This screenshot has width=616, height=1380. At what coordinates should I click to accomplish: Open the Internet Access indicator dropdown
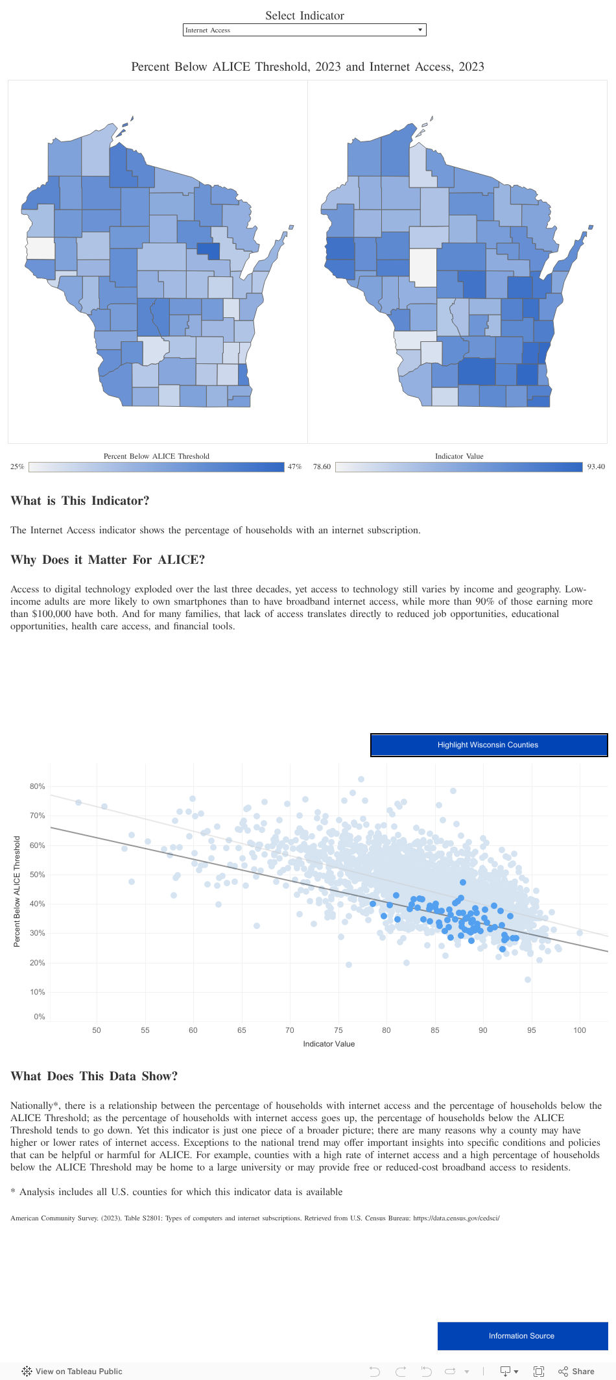coord(304,30)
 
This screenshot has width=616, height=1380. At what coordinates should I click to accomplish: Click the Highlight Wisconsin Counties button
coord(488,745)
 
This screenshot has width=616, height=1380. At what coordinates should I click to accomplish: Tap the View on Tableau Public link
coord(72,1371)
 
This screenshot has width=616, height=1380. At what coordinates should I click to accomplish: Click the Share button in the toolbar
coord(576,1371)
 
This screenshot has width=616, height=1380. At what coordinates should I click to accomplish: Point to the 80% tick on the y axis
coord(38,786)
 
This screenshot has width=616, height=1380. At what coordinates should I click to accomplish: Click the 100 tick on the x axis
coord(580,1030)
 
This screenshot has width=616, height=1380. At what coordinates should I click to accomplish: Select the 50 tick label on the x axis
coord(97,1030)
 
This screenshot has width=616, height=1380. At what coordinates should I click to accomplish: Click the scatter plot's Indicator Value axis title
coord(329,1044)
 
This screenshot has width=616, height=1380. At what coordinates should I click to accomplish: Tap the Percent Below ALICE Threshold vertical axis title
coord(17,891)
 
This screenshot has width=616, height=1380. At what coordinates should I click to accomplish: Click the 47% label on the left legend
coord(294,466)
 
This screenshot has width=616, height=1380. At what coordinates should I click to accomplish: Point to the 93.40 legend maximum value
coord(596,466)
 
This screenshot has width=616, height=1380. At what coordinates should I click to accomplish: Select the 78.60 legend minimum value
coord(322,466)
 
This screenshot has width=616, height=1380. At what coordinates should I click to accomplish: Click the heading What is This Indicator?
coord(80,501)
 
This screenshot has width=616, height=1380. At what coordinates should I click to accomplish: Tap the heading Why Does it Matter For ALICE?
coord(108,560)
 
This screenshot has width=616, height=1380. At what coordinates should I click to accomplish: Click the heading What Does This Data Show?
coord(94,1076)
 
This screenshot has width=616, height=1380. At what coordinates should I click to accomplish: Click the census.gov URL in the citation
coord(456,1218)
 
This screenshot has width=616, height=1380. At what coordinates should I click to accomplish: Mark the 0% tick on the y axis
coord(40,1017)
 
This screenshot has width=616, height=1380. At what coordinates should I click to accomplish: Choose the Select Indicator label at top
coord(304,16)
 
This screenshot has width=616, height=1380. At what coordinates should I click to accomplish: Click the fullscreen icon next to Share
coord(538,1371)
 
